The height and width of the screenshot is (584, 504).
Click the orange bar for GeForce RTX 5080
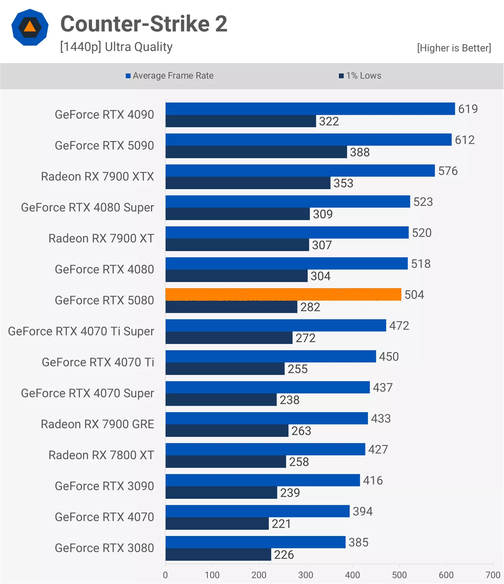(283, 294)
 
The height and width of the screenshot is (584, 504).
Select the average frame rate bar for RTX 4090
(310, 109)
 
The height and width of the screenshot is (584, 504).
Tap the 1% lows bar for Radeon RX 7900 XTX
(247, 183)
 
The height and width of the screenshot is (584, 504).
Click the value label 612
(465, 140)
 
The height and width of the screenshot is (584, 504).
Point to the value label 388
(360, 152)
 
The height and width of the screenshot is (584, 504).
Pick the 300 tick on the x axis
(306, 575)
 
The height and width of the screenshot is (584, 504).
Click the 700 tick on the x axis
(493, 575)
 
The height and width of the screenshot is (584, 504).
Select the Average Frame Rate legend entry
(169, 76)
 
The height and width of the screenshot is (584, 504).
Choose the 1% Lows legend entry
(360, 76)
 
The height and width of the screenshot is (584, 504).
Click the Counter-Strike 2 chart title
(144, 24)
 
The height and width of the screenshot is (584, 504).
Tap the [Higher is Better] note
(454, 48)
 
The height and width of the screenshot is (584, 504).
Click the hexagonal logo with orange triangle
(30, 27)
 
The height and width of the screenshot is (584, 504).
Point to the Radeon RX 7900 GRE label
(97, 424)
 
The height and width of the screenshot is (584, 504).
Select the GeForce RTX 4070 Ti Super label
(81, 331)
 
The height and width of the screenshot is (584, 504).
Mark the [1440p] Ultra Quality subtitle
(116, 47)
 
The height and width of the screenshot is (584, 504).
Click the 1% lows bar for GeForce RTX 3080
(218, 554)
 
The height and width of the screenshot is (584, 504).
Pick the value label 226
(284, 555)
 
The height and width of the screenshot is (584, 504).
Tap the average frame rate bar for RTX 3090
(262, 480)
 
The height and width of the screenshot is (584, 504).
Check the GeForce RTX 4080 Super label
(87, 207)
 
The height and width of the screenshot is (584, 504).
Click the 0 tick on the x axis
(165, 575)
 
